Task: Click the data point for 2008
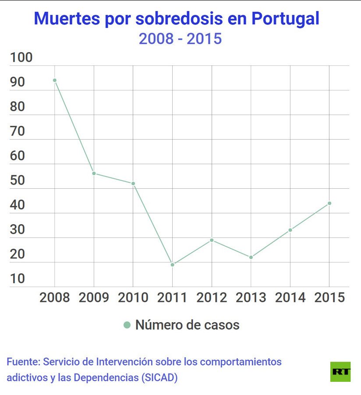pos(55,80)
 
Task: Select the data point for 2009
pos(94,173)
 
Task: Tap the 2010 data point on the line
pos(133,183)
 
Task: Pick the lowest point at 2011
pos(173,265)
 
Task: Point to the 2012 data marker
pos(212,240)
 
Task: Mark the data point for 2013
pos(251,257)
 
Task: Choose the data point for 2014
pos(290,230)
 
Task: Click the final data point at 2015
pos(329,203)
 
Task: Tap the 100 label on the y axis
pos(21,57)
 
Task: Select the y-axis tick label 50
pos(18,180)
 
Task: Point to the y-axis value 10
pos(18,279)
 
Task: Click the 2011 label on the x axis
pos(173,297)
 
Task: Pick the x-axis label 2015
pos(329,297)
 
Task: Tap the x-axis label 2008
pos(55,297)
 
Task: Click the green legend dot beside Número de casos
pos(127,325)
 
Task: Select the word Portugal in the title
pos(285,19)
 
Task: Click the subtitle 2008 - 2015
pos(180,39)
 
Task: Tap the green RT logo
pos(340,371)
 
